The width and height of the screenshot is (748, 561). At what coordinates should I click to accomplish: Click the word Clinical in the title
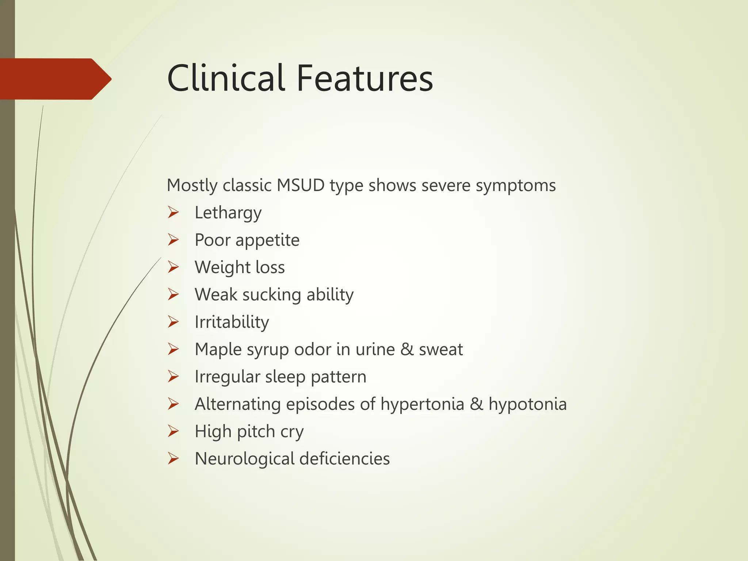[225, 78]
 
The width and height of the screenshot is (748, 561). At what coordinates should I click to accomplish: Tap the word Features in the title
[365, 78]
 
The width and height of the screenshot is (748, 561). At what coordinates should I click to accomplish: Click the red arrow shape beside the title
[55, 79]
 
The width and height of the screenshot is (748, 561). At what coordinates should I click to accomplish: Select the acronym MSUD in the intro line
[301, 185]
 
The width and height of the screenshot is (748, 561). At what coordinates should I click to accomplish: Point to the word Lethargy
[228, 213]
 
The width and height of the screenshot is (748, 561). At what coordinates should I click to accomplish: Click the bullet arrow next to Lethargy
[173, 212]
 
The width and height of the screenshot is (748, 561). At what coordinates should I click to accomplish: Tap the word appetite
[267, 240]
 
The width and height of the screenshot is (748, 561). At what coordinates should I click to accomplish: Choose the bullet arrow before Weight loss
[173, 267]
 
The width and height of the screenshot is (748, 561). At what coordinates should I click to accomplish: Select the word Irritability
[232, 322]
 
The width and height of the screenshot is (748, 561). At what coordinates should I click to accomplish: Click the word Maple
[218, 350]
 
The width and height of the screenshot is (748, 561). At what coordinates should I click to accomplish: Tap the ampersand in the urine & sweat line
[407, 349]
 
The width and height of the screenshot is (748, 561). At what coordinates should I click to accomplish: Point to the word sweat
[440, 350]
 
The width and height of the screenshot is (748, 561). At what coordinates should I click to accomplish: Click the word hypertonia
[422, 404]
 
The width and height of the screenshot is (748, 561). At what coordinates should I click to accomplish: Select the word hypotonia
[527, 404]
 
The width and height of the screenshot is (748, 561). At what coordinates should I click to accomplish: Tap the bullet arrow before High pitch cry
[173, 431]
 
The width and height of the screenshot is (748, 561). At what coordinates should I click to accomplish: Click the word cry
[292, 432]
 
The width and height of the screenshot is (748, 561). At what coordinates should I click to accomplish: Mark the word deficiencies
[344, 459]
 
